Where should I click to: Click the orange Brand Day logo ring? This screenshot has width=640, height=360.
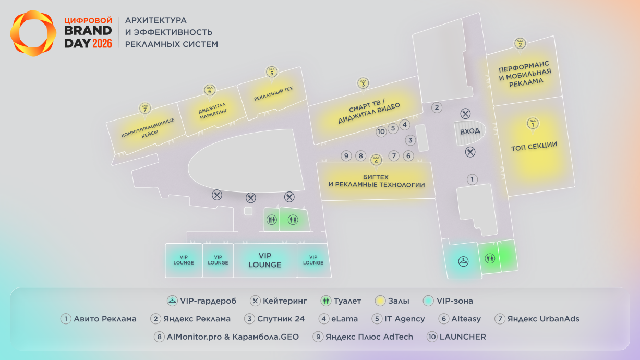(33, 33)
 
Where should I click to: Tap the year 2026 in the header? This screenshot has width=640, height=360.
(102, 44)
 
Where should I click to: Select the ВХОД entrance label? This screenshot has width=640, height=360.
(470, 131)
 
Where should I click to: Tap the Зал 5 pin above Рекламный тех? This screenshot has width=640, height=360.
(271, 72)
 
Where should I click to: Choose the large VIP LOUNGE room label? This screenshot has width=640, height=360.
(265, 260)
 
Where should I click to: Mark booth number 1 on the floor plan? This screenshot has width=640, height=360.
(472, 180)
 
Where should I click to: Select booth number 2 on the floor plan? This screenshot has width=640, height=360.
(437, 107)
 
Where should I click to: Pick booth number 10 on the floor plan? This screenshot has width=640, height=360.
(381, 131)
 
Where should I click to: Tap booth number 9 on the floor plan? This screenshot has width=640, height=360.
(346, 155)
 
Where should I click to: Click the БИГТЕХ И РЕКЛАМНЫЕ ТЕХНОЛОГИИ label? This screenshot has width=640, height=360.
(376, 181)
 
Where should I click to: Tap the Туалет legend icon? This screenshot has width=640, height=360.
(327, 301)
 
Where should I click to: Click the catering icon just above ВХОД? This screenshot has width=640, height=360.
(466, 114)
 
